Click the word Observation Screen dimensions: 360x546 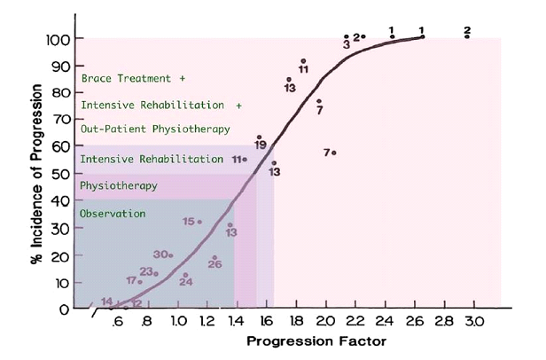click(x=113, y=214)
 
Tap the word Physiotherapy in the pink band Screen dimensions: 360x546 click(x=119, y=186)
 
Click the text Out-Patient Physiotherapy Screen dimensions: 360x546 click(x=155, y=129)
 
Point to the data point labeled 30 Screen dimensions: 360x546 click(x=170, y=255)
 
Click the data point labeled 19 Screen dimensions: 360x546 click(x=260, y=137)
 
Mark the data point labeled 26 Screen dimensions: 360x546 click(x=214, y=257)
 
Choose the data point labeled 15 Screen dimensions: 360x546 click(x=199, y=222)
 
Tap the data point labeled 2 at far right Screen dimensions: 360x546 click(x=467, y=36)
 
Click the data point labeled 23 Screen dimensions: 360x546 click(x=156, y=273)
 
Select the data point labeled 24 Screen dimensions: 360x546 click(x=185, y=275)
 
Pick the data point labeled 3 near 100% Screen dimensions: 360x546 click(x=347, y=37)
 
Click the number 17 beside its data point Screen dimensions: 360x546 click(x=131, y=280)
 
